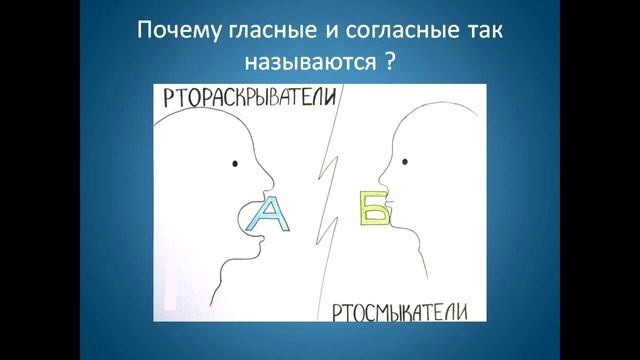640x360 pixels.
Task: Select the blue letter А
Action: [270, 215]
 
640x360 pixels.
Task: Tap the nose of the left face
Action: [264, 177]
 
